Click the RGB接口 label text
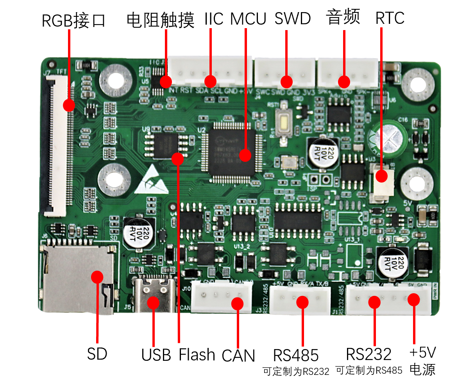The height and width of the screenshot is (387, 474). [73, 20]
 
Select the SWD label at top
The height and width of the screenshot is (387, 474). [293, 18]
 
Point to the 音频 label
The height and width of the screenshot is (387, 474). [343, 18]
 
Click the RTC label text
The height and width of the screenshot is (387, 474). [390, 18]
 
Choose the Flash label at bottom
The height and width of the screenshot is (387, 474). [197, 355]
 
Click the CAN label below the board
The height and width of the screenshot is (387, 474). [238, 356]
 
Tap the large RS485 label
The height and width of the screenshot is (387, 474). [296, 355]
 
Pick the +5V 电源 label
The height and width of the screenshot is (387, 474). [422, 360]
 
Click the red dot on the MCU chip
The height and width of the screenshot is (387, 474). [245, 155]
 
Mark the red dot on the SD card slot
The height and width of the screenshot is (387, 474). [97, 277]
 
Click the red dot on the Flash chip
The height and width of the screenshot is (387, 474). [177, 158]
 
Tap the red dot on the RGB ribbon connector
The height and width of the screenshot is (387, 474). [69, 105]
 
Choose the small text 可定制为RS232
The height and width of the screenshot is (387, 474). [296, 371]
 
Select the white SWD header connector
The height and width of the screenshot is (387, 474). [285, 73]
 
